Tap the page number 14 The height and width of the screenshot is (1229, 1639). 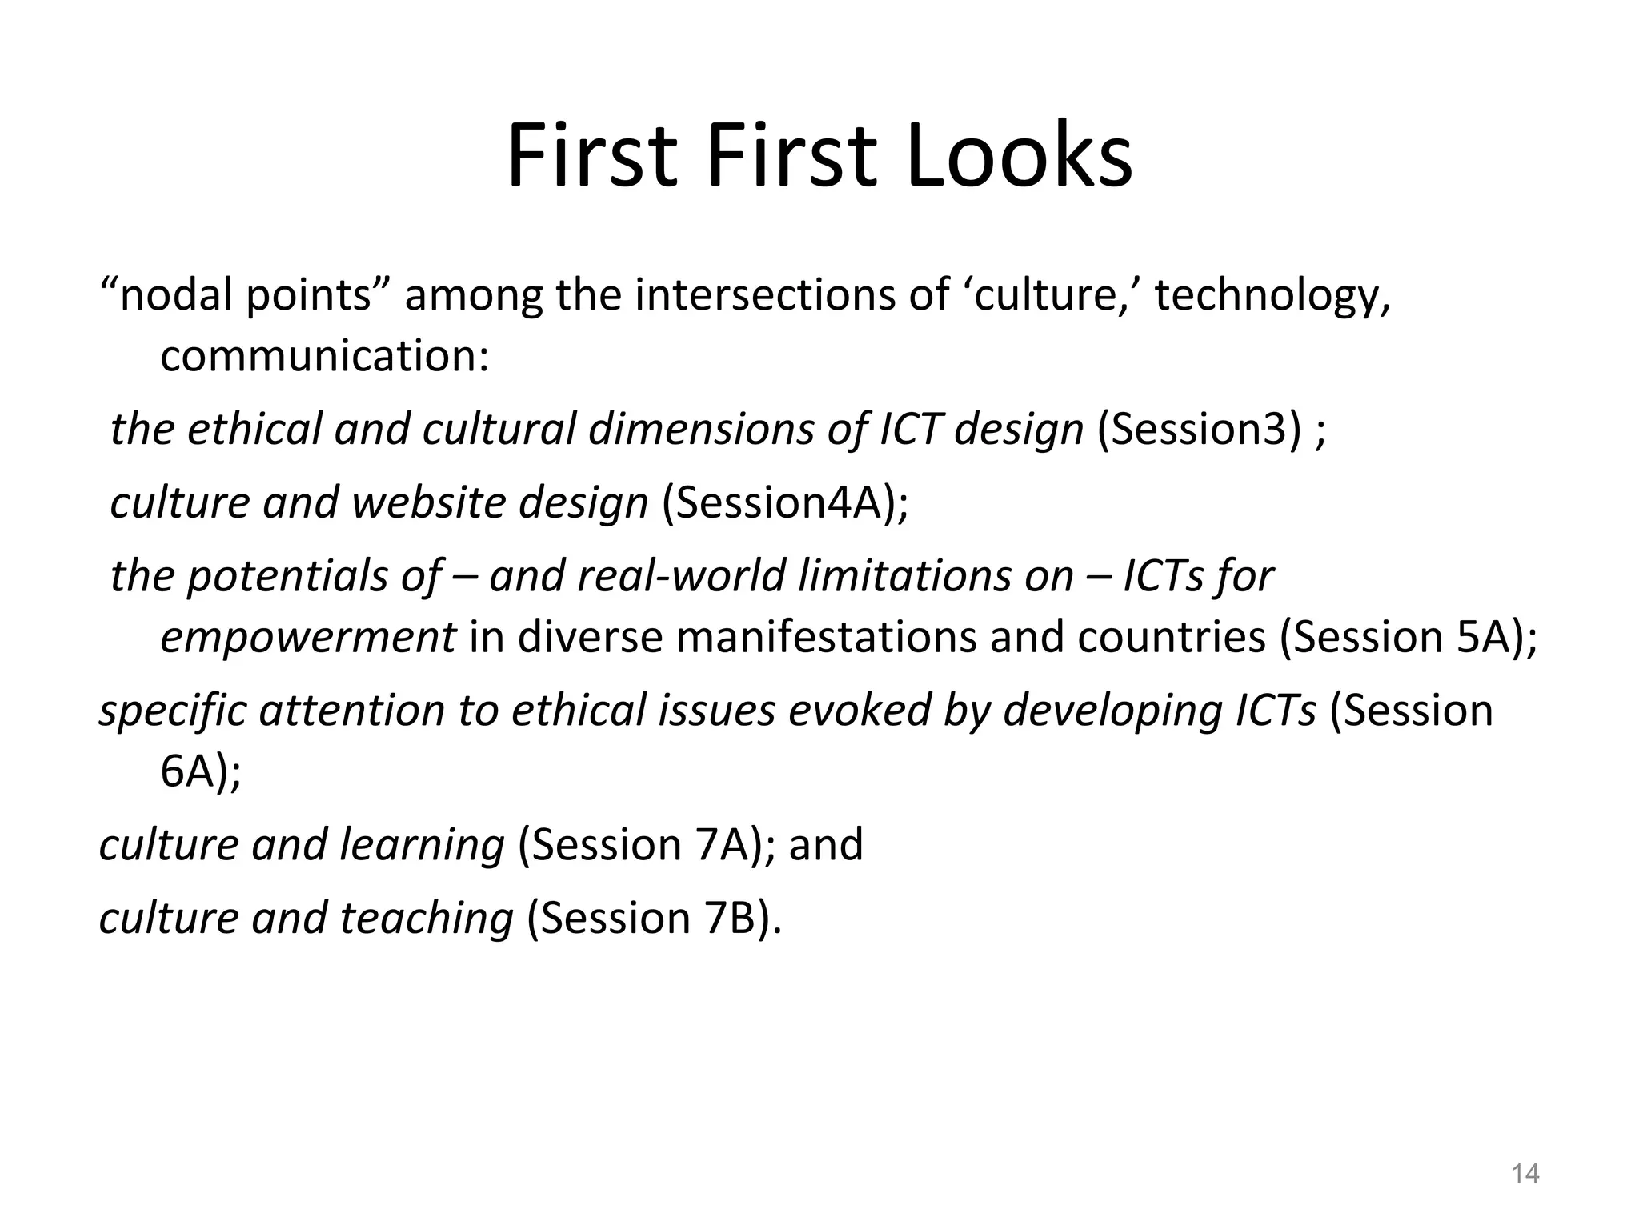click(1525, 1174)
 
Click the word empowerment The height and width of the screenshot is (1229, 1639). click(308, 638)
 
